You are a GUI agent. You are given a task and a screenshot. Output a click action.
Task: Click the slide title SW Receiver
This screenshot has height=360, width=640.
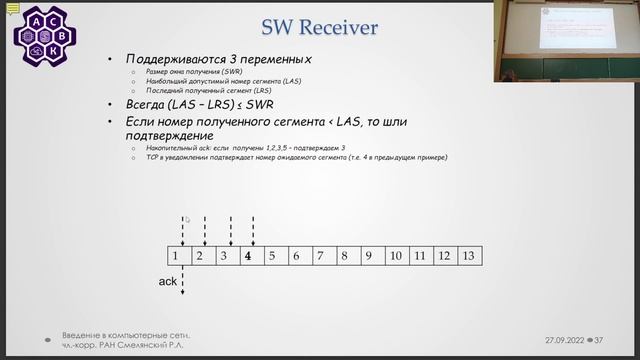[x=319, y=26]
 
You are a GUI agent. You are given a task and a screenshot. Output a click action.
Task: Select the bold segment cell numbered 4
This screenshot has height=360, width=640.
[x=248, y=256]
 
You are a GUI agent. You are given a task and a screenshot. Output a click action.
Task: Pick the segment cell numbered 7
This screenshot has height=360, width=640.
[x=320, y=256]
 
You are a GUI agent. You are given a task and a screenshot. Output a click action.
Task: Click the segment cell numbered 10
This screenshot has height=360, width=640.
[x=395, y=256]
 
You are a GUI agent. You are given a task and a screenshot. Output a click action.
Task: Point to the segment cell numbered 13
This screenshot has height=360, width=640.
[x=469, y=256]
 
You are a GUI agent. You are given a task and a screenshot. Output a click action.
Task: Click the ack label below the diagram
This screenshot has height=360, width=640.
[x=168, y=282]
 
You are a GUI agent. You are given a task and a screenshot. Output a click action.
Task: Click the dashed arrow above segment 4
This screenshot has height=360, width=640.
[x=253, y=229]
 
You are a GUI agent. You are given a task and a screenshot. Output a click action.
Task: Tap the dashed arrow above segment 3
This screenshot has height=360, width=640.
[x=230, y=229]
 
